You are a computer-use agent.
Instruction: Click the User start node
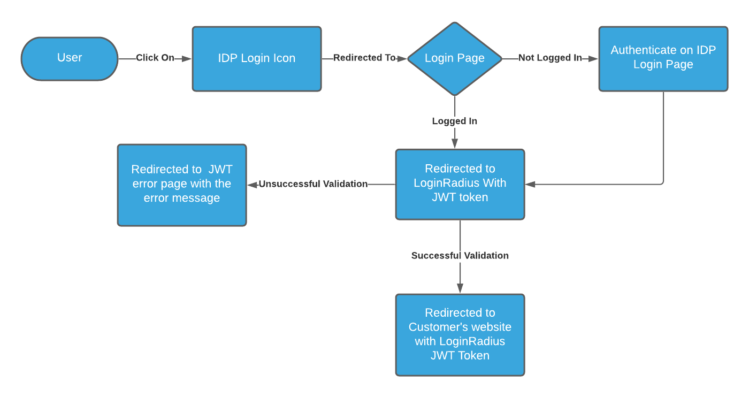click(70, 58)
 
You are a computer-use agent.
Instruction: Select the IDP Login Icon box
click(257, 58)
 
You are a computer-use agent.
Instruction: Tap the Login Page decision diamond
click(455, 58)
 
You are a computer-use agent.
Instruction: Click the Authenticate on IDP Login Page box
click(663, 58)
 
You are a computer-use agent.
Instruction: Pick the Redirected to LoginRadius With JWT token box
click(460, 184)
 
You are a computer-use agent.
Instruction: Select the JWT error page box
click(182, 185)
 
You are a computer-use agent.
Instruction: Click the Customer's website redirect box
click(460, 334)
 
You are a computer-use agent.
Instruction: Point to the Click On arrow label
click(155, 58)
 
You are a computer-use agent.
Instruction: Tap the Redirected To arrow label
click(364, 58)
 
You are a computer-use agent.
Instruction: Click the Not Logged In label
click(550, 58)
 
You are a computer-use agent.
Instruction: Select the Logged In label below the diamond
click(455, 121)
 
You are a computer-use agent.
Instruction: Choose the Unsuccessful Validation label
click(314, 184)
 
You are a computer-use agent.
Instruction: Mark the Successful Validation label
click(460, 256)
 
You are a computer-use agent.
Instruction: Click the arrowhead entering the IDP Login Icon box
click(187, 58)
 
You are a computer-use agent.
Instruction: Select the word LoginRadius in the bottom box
click(472, 341)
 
